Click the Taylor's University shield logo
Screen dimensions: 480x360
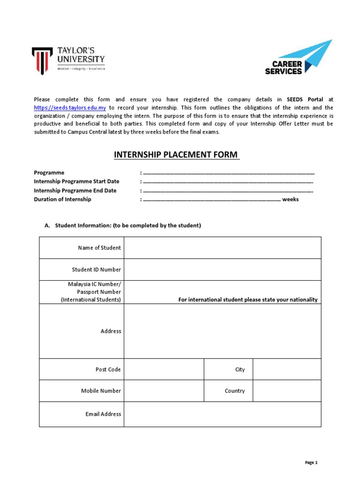pyautogui.click(x=43, y=60)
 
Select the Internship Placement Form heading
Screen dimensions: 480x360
pyautogui.click(x=176, y=155)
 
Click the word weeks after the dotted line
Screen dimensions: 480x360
pyautogui.click(x=290, y=199)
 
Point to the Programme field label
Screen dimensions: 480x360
pyautogui.click(x=49, y=172)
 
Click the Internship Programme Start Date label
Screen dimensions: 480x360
pyautogui.click(x=76, y=181)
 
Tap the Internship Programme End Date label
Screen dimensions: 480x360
pyautogui.click(x=75, y=191)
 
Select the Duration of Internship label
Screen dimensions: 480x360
pyautogui.click(x=62, y=199)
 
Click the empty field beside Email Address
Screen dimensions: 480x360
pyautogui.click(x=222, y=414)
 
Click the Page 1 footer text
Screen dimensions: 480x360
pyautogui.click(x=311, y=463)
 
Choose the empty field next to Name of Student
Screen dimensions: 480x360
pyautogui.click(x=222, y=247)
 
